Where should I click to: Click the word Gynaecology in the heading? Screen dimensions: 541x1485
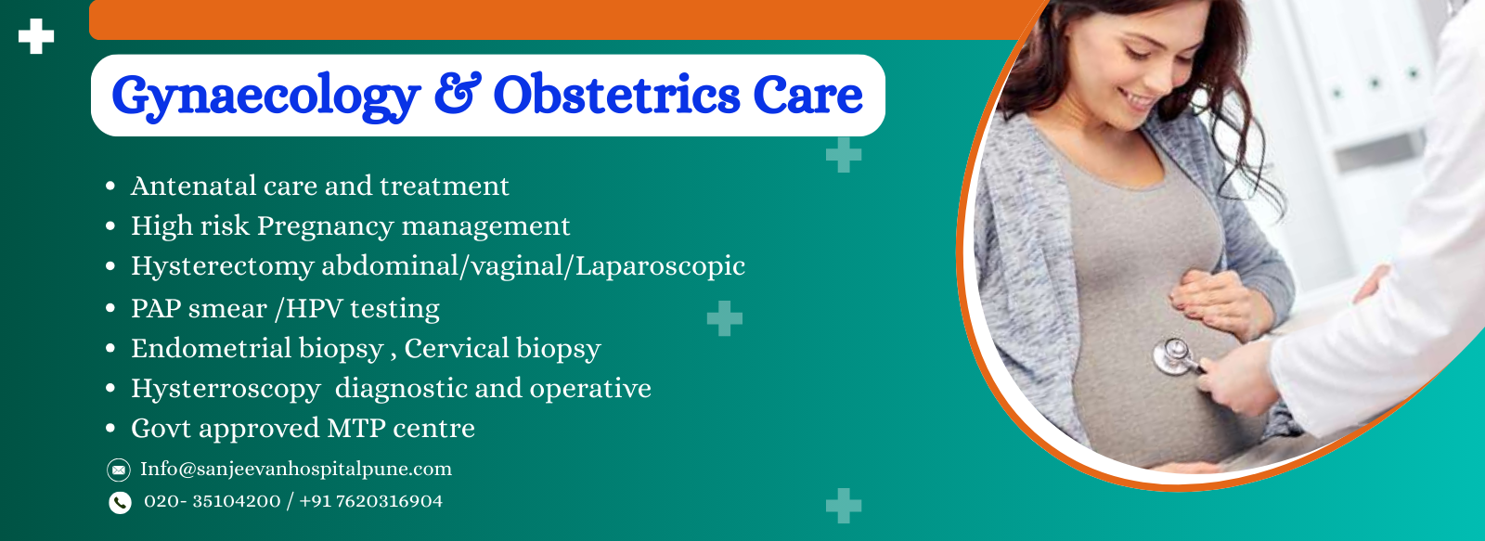(265, 97)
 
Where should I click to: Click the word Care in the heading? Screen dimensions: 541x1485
(807, 95)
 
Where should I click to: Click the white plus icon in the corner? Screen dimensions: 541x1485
(36, 36)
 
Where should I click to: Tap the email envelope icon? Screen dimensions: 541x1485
(119, 470)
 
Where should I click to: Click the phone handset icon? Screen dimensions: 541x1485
(120, 503)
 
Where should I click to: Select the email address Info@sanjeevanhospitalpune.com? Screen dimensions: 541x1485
(296, 469)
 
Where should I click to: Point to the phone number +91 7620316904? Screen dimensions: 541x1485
(370, 501)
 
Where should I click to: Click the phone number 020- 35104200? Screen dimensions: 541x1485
(212, 501)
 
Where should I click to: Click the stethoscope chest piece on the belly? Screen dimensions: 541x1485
(1172, 355)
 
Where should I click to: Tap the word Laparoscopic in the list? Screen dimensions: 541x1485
(660, 266)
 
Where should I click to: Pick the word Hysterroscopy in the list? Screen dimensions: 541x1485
(226, 388)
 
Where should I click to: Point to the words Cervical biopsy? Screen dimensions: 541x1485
(502, 348)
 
